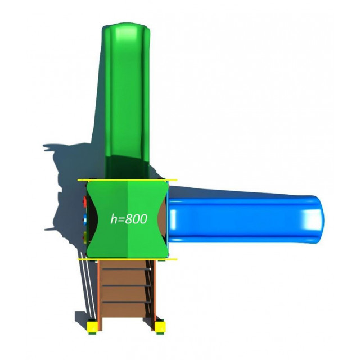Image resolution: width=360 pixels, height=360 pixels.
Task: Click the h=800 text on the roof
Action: pyautogui.click(x=129, y=219)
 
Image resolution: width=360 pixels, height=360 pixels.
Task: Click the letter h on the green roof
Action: pyautogui.click(x=114, y=219)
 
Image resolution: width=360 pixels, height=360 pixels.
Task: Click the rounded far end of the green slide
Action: pyautogui.click(x=125, y=29)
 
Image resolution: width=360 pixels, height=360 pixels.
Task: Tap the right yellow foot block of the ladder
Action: pyautogui.click(x=160, y=327)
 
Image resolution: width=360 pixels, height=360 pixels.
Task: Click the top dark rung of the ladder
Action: pyautogui.click(x=126, y=269)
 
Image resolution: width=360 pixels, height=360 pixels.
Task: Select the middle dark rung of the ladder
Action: pyautogui.click(x=126, y=286)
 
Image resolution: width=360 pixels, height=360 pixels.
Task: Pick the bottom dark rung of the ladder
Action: pyautogui.click(x=126, y=302)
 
